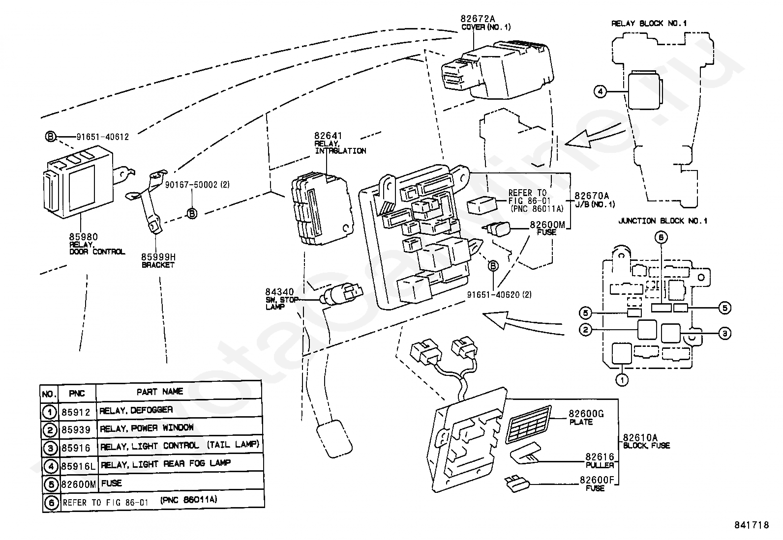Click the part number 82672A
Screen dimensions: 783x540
point(478,19)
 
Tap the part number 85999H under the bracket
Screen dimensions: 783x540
point(158,257)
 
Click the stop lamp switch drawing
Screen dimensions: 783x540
point(341,293)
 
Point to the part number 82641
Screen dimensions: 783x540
point(328,136)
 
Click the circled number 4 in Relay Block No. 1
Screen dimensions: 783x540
point(600,91)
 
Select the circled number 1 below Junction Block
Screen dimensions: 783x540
point(622,380)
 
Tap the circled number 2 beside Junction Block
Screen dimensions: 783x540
point(585,330)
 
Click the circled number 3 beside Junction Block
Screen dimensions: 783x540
point(724,333)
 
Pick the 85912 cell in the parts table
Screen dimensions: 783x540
point(76,412)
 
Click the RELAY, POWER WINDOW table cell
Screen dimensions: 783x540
point(147,428)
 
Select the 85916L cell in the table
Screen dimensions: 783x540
point(78,466)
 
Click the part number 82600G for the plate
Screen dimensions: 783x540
point(586,414)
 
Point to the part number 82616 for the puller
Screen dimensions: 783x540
point(600,457)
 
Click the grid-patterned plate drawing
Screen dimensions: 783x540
point(528,425)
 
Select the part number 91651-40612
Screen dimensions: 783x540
point(103,137)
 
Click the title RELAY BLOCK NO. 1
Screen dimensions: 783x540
point(649,24)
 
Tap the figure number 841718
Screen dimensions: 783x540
point(752,525)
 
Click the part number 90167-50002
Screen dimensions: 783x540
point(191,184)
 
